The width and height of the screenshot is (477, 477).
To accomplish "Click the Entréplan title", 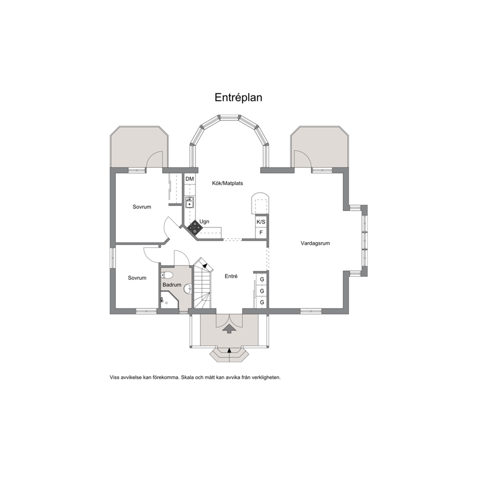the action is click(x=238, y=98).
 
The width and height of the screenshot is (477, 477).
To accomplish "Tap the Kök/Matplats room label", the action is click(x=227, y=183).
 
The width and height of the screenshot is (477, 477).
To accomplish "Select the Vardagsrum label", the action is click(x=315, y=243).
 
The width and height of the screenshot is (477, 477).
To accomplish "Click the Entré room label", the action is click(x=231, y=276).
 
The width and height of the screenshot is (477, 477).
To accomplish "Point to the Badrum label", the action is click(x=172, y=285).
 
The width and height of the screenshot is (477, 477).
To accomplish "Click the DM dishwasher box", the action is click(x=189, y=179).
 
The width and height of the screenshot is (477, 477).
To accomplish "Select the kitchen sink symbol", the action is click(x=190, y=202).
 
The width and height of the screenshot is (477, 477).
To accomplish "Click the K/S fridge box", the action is click(x=261, y=222).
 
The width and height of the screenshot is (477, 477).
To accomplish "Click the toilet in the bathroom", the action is click(x=167, y=276).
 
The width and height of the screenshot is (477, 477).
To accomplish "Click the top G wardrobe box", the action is click(x=262, y=279).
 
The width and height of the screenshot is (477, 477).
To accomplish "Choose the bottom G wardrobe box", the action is click(x=262, y=302).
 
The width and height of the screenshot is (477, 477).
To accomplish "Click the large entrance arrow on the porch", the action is click(x=229, y=329).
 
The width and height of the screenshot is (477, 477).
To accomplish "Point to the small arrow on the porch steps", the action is click(x=229, y=350).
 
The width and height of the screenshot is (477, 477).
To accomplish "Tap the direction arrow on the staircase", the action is click(x=206, y=265).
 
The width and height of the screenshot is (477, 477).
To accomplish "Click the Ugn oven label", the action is click(x=204, y=222).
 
